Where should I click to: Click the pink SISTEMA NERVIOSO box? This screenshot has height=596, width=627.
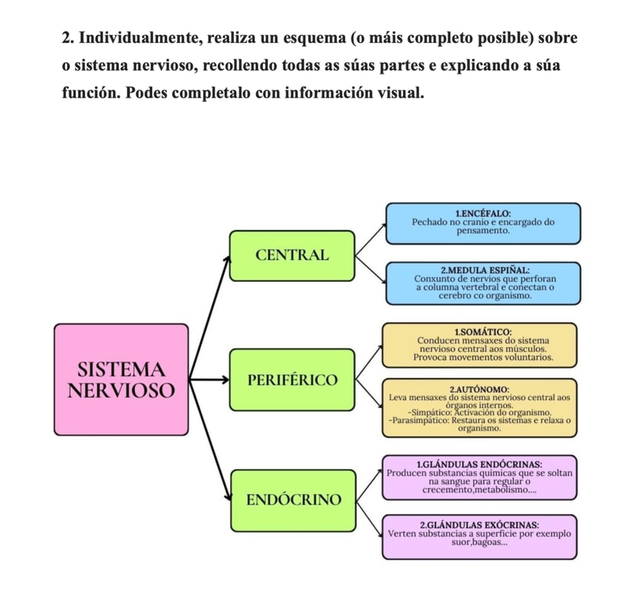121,378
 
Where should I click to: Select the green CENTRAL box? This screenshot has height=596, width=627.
291,255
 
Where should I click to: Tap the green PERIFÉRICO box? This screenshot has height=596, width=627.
291,381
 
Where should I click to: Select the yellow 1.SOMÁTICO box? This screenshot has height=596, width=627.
479,345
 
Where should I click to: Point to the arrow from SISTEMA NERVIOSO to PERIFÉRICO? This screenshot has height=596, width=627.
207,381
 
